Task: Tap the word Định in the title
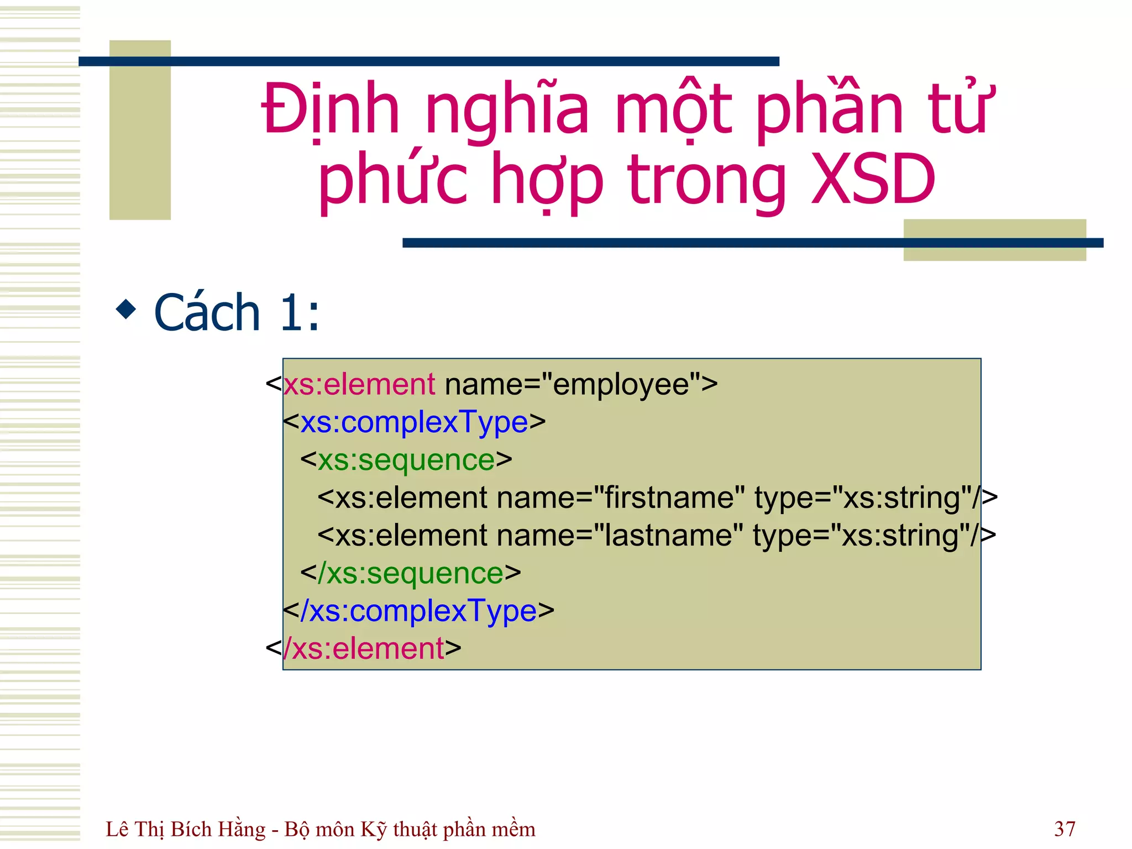click(x=330, y=109)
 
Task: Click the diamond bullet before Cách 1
click(x=126, y=309)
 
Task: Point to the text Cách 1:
click(x=237, y=313)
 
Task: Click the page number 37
click(x=1065, y=829)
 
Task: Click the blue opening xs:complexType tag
click(x=414, y=422)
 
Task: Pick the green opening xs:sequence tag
click(x=406, y=460)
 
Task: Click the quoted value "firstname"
click(x=669, y=497)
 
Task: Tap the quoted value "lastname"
click(x=668, y=536)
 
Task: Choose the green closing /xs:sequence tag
click(x=411, y=573)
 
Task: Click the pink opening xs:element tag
click(x=359, y=384)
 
